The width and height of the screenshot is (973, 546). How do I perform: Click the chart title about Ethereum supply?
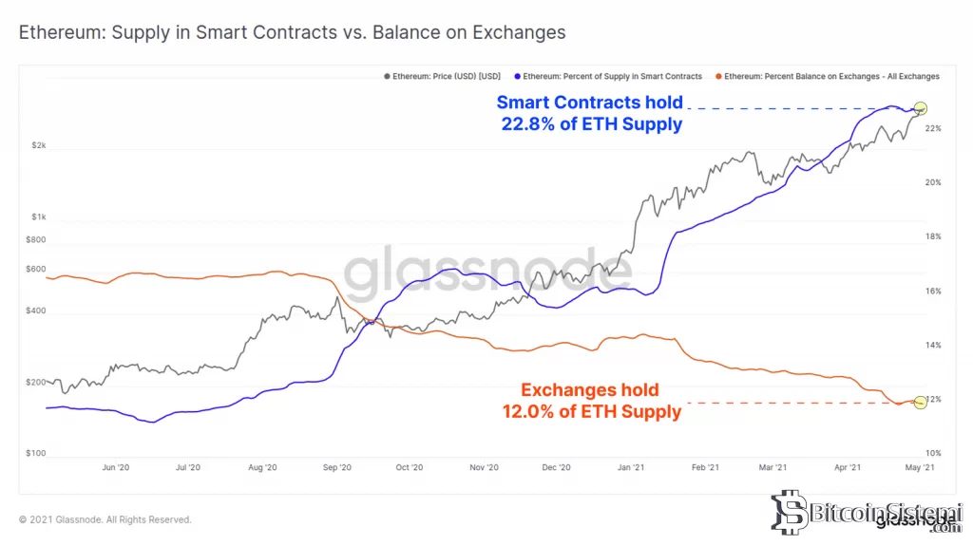click(293, 33)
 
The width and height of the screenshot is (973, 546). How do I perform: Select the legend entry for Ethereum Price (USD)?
click(442, 76)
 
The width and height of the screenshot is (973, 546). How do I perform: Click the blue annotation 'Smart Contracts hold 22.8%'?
click(590, 114)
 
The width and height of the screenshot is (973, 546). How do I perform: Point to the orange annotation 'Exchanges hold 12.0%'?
click(590, 401)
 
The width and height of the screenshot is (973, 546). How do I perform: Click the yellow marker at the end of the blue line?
click(919, 108)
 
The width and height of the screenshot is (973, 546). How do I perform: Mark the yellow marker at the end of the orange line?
click(919, 403)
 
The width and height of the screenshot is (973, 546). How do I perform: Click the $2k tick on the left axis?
click(38, 145)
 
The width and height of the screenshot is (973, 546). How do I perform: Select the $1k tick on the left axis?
click(38, 217)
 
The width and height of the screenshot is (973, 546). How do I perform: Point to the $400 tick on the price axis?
click(36, 311)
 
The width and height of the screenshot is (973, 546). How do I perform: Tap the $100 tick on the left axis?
click(36, 454)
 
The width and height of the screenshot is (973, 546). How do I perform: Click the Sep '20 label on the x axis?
click(336, 467)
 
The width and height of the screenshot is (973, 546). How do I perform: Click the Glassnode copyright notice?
click(105, 519)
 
